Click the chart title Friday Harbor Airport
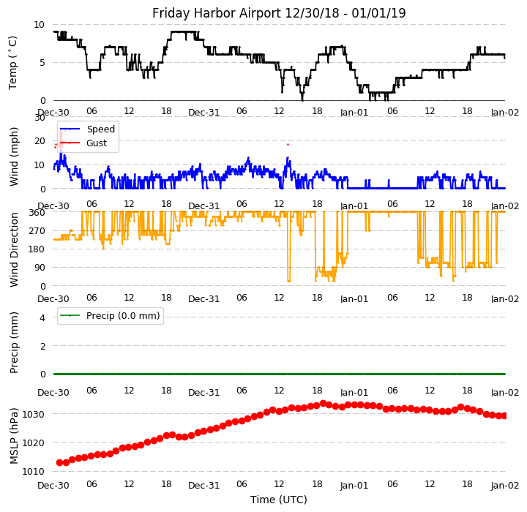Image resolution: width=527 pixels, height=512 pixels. click(x=279, y=13)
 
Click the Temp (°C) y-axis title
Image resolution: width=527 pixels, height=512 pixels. click(x=14, y=62)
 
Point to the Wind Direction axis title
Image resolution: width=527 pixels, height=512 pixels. click(x=14, y=249)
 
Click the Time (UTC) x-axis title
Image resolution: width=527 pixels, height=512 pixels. click(x=279, y=500)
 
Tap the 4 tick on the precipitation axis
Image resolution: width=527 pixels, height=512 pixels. click(x=42, y=317)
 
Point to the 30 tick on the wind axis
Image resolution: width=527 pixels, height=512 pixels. click(x=40, y=117)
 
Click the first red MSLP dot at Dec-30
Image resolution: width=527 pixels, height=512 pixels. click(x=59, y=462)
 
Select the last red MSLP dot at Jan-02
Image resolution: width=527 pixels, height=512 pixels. click(x=504, y=415)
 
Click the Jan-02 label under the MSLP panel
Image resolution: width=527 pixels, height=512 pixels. click(x=505, y=485)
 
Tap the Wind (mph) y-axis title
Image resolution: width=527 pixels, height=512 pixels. click(x=14, y=155)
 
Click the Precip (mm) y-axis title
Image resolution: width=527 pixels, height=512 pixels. click(x=14, y=342)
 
